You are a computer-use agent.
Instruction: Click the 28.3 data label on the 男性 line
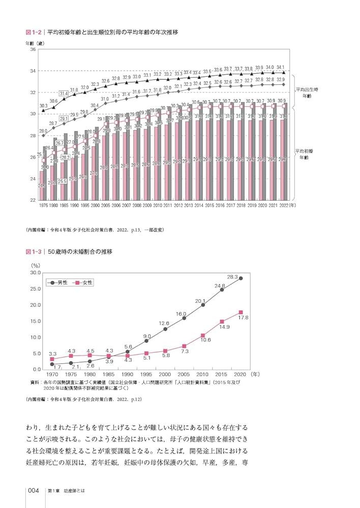232,277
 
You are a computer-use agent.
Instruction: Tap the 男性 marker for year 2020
241,278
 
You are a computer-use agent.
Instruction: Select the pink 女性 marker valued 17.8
241,312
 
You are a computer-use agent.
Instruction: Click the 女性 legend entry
84,282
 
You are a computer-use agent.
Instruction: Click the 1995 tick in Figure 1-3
146,374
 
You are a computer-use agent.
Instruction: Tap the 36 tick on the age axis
33,49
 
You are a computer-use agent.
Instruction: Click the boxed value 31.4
50,93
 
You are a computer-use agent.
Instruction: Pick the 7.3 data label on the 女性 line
185,351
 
